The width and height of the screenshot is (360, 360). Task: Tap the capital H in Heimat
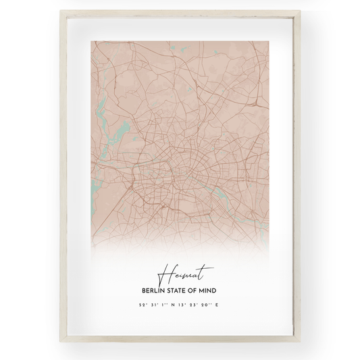coord(165,274)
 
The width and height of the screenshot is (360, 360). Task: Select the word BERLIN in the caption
coord(152,290)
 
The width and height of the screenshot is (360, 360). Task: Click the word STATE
coord(180,290)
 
